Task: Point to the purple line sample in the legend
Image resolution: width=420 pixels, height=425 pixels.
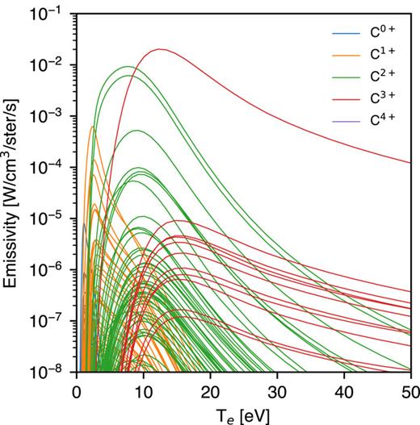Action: coord(343,123)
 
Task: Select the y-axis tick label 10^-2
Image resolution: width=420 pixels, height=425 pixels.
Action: coord(52,65)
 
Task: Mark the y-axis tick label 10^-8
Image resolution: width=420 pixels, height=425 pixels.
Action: coord(52,372)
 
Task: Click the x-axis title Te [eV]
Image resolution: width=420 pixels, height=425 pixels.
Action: coord(242,411)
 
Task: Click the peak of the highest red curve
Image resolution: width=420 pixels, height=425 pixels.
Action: coord(160,49)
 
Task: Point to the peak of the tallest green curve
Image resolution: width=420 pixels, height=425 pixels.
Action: coord(127,67)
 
